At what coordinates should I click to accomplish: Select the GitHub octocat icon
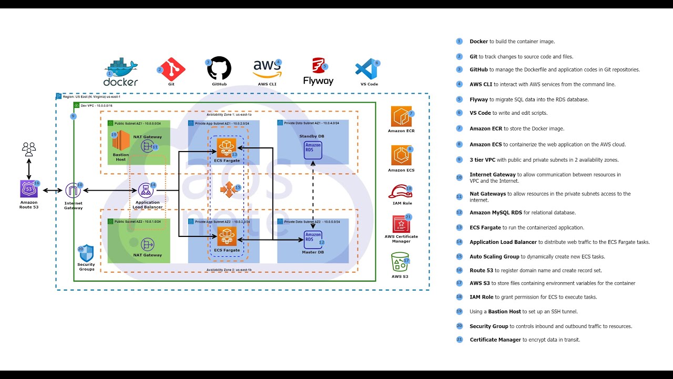coord(219,68)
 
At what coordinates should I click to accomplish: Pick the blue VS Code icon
coord(366,69)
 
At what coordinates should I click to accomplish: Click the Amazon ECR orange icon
coord(401,116)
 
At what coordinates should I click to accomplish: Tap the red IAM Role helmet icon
coord(401,192)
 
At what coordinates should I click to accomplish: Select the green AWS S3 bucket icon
coord(400,262)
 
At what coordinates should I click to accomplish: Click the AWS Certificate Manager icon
coord(401,224)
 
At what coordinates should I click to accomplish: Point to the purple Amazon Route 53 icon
coord(29,189)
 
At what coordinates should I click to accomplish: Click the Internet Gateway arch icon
coord(73,191)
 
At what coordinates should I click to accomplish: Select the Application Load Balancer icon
coord(145,190)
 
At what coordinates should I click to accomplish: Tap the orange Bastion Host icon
coord(120,141)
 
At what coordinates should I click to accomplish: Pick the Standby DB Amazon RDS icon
coord(313,148)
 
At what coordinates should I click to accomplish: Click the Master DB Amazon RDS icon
coord(313,238)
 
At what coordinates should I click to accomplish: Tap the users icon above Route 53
coord(29,148)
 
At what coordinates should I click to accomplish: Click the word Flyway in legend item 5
coord(478,99)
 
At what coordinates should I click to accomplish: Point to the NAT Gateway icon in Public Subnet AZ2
coord(147,244)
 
